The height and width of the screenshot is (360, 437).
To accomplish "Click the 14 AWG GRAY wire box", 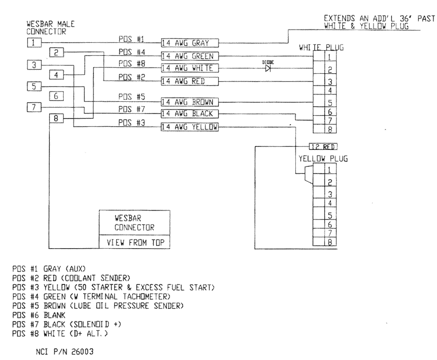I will [x=189, y=43].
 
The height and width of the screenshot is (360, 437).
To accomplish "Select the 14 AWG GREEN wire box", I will [x=189, y=55].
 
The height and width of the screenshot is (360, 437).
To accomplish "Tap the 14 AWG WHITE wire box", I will [x=189, y=68].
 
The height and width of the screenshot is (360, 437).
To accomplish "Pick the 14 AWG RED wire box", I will [x=189, y=81].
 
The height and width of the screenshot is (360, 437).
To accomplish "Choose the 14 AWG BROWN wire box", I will [x=189, y=102].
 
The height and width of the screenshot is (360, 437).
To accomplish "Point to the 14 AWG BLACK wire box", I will [x=189, y=114].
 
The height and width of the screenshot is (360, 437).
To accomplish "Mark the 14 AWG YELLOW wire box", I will [x=189, y=127].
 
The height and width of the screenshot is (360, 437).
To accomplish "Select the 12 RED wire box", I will [x=324, y=146].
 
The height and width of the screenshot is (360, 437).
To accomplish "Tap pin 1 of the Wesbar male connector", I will [x=35, y=42].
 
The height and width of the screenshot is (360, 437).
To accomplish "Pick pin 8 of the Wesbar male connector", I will [x=57, y=118].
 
